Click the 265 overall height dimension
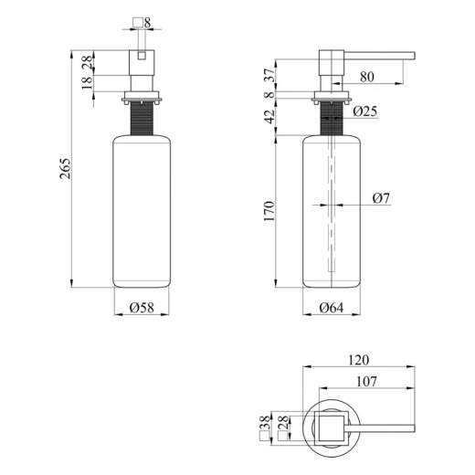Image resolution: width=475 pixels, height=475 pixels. [x=66, y=168]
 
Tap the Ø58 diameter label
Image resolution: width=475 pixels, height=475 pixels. [x=142, y=308]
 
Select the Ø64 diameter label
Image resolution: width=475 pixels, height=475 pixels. [x=332, y=308]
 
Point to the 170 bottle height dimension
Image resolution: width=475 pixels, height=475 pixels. [x=269, y=211]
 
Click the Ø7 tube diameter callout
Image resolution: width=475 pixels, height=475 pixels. [x=381, y=198]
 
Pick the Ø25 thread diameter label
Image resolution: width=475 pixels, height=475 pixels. [x=365, y=111]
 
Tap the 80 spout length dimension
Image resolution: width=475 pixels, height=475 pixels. [x=367, y=77]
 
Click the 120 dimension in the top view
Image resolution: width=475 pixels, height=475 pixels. [x=358, y=360]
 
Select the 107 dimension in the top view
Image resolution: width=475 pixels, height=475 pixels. [x=366, y=381]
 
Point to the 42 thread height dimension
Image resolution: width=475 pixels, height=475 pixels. [x=269, y=117]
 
